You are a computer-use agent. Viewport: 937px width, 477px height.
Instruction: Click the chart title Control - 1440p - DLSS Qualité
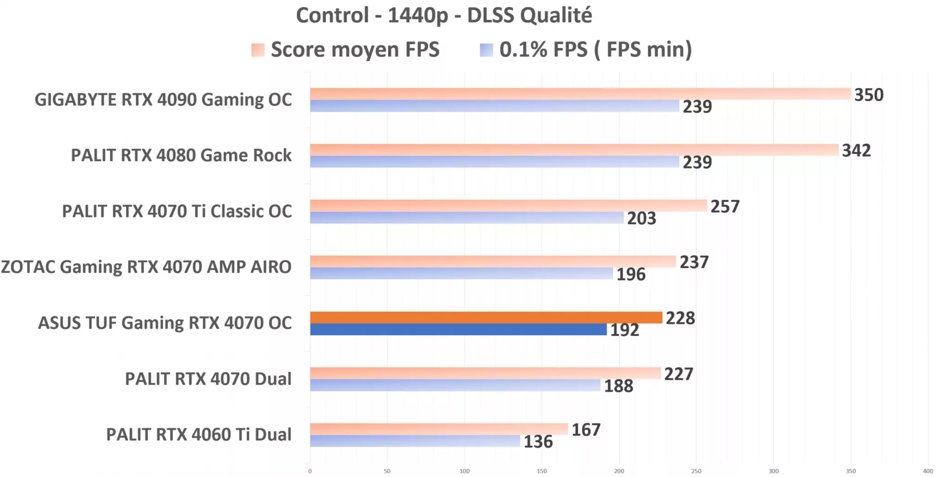(x=444, y=16)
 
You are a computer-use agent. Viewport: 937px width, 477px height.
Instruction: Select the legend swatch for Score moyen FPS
(x=258, y=50)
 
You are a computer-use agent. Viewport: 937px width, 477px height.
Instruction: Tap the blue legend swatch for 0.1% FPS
(x=486, y=50)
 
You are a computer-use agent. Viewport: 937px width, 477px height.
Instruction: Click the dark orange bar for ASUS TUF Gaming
(x=486, y=317)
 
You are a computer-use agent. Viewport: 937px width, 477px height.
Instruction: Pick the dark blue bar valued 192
(x=458, y=330)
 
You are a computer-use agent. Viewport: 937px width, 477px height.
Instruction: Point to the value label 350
(x=869, y=95)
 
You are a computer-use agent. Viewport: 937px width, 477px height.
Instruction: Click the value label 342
(x=856, y=151)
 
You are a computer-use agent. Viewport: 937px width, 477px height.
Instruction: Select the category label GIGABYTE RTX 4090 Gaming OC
(x=163, y=100)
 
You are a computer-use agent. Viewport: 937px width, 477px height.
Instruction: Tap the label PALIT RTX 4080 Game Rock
(x=181, y=156)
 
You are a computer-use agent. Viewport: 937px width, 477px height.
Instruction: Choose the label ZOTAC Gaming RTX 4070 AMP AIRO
(x=146, y=267)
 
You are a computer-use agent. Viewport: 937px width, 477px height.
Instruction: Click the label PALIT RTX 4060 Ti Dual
(x=199, y=434)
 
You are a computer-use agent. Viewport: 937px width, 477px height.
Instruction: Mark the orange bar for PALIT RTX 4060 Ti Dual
(x=439, y=429)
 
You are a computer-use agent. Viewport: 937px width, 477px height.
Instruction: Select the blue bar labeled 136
(x=415, y=441)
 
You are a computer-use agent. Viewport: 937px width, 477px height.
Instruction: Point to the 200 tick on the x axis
(x=619, y=471)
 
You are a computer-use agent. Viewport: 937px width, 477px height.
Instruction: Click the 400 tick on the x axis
(x=928, y=471)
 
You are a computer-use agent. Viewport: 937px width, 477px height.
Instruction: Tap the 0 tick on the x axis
(x=310, y=471)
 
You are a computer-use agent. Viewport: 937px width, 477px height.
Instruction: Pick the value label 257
(x=725, y=207)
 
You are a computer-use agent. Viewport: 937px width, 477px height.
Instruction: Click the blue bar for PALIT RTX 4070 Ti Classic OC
(x=467, y=218)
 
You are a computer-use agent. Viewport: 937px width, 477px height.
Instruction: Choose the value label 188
(x=619, y=386)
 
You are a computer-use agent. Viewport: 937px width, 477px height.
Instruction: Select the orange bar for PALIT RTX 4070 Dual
(x=485, y=373)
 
